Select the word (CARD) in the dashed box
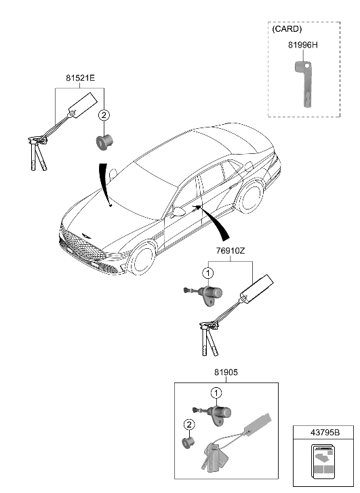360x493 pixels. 286,29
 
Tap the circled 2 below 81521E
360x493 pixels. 103,115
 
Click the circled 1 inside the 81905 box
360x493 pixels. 215,393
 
